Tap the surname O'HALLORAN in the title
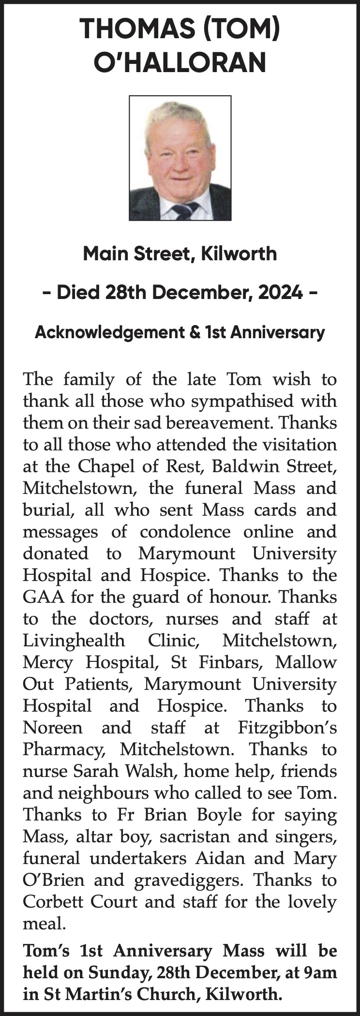(180, 63)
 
